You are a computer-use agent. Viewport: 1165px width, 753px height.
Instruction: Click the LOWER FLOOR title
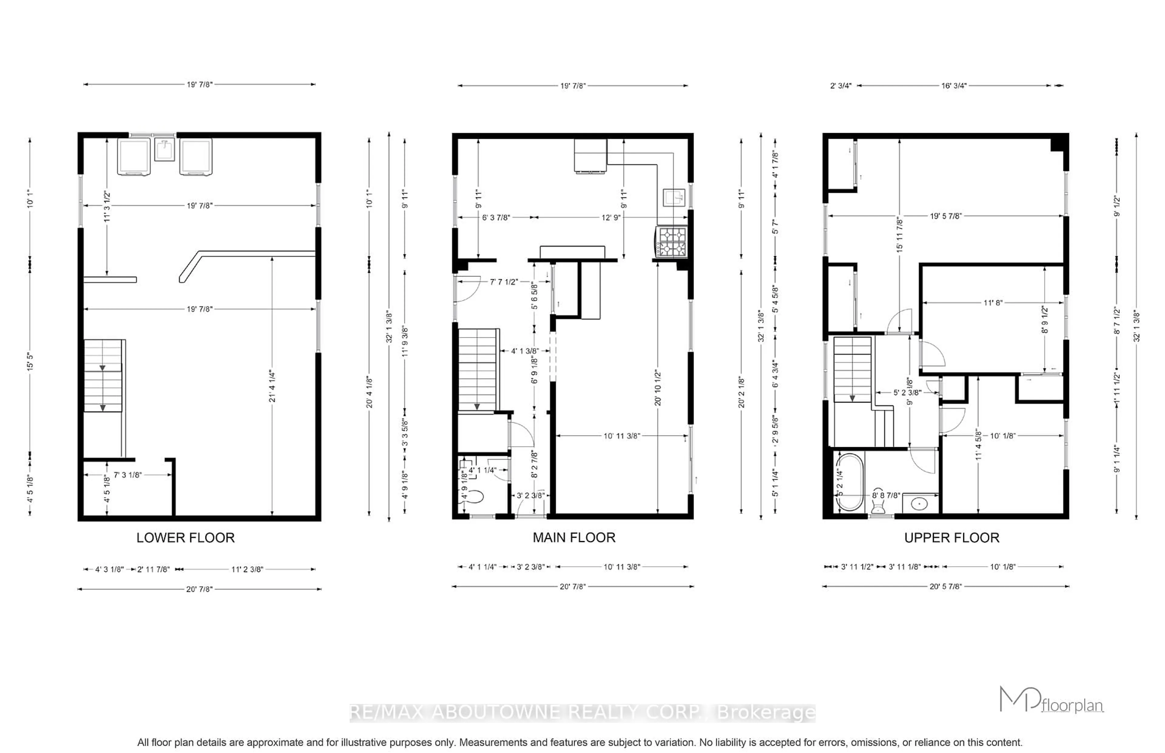pos(185,538)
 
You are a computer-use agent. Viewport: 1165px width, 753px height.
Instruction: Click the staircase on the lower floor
pos(103,376)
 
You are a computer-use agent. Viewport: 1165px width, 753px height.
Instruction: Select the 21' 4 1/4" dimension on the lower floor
pos(272,386)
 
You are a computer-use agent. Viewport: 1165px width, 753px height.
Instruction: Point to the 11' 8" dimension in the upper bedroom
pos(993,303)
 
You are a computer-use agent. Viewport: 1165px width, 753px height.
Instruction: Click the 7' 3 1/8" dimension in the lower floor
pos(128,475)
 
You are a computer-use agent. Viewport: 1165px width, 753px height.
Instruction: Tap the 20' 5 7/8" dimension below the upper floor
pos(945,586)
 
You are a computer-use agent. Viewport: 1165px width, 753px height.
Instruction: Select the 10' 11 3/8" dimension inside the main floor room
pos(621,436)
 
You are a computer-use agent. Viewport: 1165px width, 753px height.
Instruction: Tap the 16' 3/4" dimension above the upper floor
pos(954,85)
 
